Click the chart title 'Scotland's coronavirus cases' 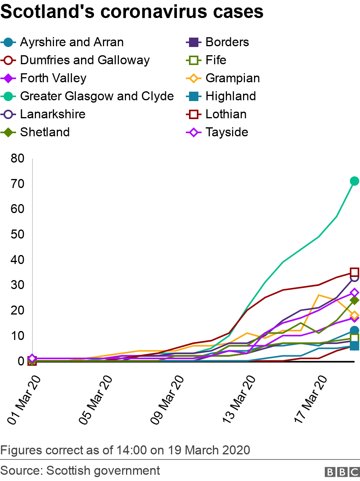pos(132,12)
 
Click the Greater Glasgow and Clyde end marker pos(355,181)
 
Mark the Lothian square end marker pos(355,272)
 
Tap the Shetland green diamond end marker pos(355,300)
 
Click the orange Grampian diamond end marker pos(355,315)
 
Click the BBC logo pos(339,471)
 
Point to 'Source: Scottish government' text pos(80,470)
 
